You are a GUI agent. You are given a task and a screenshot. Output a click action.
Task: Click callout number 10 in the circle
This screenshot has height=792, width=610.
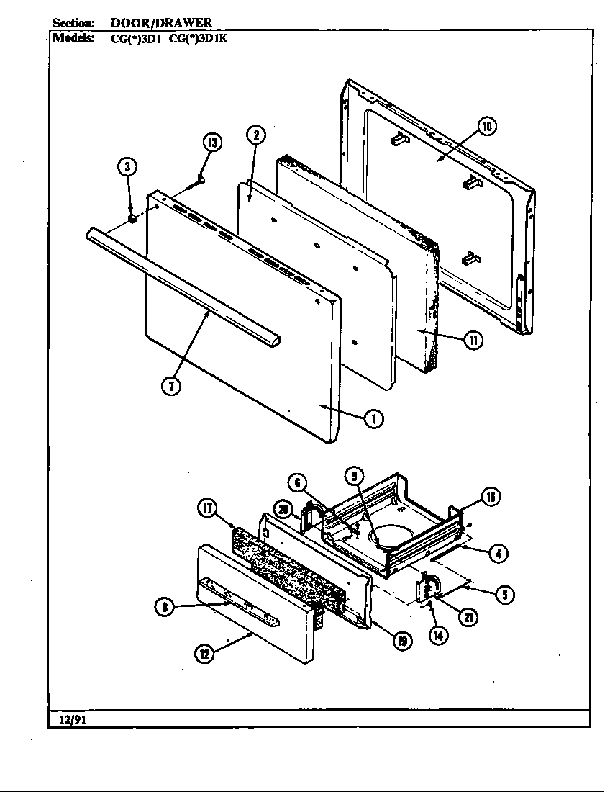(x=487, y=127)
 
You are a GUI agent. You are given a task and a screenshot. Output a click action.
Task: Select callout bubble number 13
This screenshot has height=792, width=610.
(x=211, y=142)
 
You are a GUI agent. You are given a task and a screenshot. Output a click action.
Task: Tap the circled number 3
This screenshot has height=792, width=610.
(x=127, y=168)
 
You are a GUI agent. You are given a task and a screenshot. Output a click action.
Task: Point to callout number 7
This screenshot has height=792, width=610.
(x=170, y=385)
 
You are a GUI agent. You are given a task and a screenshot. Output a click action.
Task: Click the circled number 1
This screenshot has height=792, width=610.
(x=373, y=418)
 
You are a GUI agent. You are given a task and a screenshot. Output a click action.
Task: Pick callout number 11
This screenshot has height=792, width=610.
(x=472, y=340)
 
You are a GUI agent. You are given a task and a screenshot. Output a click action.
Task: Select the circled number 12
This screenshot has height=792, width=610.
(x=206, y=654)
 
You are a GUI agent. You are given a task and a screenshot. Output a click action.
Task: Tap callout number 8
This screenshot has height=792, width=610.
(x=166, y=607)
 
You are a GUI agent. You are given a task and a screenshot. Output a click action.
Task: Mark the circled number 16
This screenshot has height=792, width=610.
(x=490, y=497)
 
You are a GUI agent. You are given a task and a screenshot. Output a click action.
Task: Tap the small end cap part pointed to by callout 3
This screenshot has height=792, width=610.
(x=132, y=217)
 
